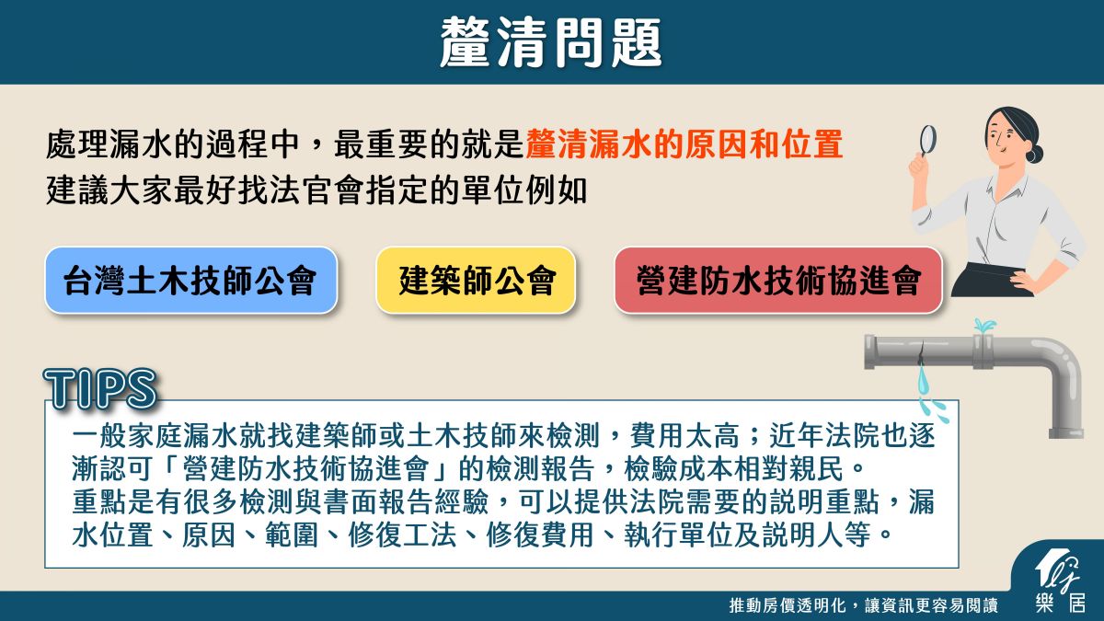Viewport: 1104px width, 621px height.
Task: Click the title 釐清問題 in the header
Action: coord(550,42)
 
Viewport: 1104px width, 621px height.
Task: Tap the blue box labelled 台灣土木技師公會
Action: coord(190,280)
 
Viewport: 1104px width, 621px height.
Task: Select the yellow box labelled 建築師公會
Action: coord(477,280)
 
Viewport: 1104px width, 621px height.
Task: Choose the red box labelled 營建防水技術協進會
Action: coord(778,280)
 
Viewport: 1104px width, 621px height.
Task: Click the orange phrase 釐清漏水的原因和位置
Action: coord(684,144)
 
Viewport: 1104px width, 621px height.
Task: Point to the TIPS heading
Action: coord(100,388)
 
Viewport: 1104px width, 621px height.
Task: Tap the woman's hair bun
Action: coord(1034,153)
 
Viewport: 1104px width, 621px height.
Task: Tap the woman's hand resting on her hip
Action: coord(1024,281)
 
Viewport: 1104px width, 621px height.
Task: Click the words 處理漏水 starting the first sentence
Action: coord(109,144)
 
